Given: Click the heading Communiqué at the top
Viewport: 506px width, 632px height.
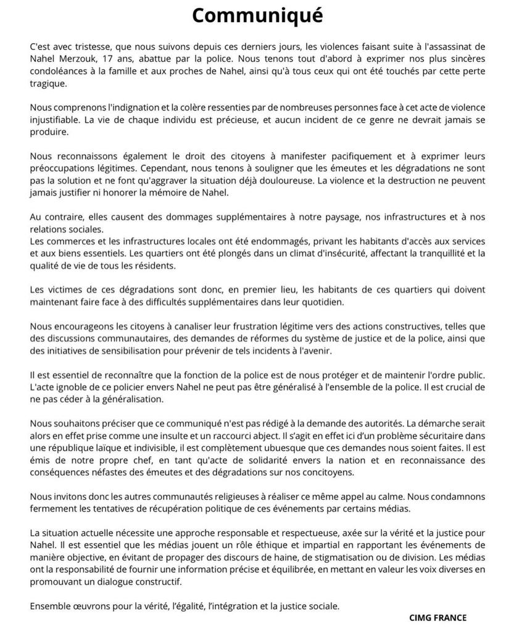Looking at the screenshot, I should point(257,15).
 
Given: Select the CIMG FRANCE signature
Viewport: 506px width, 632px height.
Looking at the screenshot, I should point(438,617).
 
